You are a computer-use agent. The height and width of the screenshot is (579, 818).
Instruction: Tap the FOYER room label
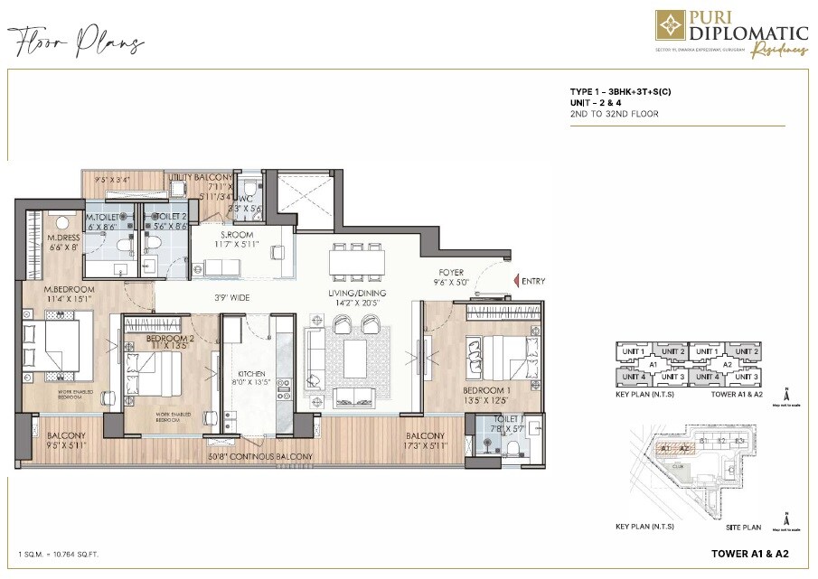pos(451,269)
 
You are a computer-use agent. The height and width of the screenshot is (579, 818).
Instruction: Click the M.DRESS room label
pos(64,238)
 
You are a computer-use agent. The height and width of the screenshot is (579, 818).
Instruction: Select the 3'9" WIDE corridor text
pos(232,297)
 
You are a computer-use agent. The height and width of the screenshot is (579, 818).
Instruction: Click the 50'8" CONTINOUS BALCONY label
pos(259,457)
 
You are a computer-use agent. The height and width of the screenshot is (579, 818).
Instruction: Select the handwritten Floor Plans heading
pos(76,42)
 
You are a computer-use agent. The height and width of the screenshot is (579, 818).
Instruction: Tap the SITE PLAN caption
pos(744,527)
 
